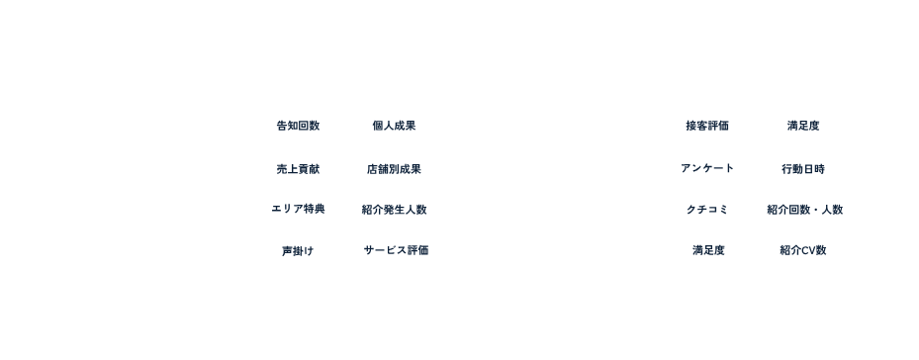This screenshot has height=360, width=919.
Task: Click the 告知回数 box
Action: click(x=298, y=126)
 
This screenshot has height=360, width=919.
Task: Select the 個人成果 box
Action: click(x=395, y=126)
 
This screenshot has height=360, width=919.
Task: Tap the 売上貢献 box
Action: click(x=298, y=168)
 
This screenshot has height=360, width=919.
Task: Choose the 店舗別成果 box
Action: click(x=395, y=168)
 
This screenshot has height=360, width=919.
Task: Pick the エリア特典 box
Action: click(x=298, y=210)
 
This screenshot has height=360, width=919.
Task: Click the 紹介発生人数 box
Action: click(x=395, y=210)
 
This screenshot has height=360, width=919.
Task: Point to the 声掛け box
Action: click(x=298, y=251)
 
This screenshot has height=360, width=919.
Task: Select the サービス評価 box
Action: click(x=395, y=251)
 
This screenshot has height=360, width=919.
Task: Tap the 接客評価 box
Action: click(x=706, y=126)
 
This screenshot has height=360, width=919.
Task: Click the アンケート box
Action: click(x=706, y=168)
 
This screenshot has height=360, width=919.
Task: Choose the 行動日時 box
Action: click(x=803, y=168)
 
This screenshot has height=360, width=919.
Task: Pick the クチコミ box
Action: click(x=706, y=210)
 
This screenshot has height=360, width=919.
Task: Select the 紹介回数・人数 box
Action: click(x=803, y=210)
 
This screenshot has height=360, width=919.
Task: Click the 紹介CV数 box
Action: click(x=803, y=251)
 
